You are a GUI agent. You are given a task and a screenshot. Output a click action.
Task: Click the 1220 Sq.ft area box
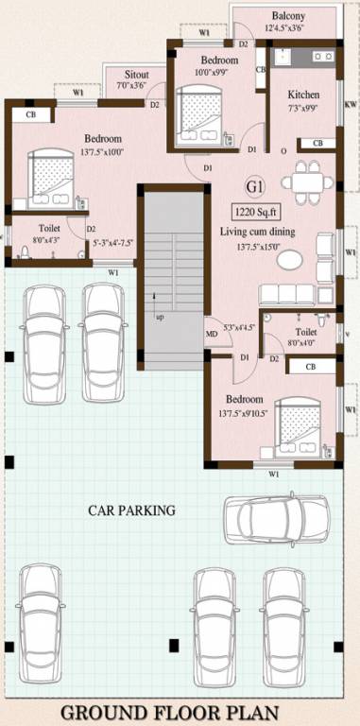click(260, 213)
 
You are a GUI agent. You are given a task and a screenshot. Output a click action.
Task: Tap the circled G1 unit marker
click(255, 184)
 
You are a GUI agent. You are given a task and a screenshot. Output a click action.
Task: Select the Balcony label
click(287, 17)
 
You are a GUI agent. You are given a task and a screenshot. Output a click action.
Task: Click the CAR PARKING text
click(131, 510)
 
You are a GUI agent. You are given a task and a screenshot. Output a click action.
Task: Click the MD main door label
click(212, 334)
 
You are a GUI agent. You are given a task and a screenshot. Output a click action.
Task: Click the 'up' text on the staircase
click(159, 317)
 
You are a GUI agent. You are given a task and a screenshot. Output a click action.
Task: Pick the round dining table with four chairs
click(304, 177)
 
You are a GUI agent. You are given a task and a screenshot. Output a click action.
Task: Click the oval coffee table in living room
click(294, 258)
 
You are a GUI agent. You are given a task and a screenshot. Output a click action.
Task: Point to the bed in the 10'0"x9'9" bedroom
click(199, 112)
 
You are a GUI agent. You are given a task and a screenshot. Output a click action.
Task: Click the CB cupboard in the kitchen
click(318, 144)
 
